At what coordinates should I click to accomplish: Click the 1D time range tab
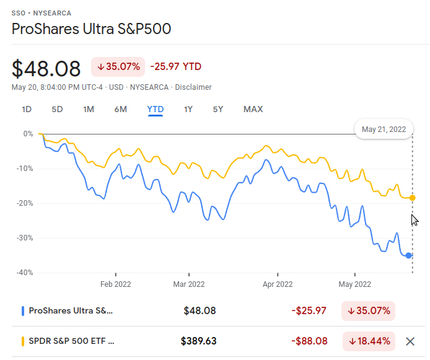pos(27,110)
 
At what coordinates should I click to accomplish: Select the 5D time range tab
pos(57,110)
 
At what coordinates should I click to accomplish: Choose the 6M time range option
pos(120,110)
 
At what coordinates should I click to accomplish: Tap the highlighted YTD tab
pos(155,110)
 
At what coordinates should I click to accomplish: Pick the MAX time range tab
pos(253,110)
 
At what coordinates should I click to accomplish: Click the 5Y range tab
pos(217,110)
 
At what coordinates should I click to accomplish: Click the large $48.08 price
pos(46,67)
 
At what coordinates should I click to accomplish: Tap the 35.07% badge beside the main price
pos(118,67)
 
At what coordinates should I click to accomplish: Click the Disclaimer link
pos(193,87)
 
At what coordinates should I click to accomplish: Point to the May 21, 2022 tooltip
pos(384,129)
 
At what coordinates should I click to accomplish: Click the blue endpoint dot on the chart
pos(409,255)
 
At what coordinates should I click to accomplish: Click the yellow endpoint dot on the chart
pos(413,198)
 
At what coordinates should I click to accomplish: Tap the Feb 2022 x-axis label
pos(116,284)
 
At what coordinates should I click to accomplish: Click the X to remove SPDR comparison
pos(410,341)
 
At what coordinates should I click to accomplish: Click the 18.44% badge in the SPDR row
pos(369,341)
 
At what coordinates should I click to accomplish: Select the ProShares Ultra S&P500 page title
pos(91,29)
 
